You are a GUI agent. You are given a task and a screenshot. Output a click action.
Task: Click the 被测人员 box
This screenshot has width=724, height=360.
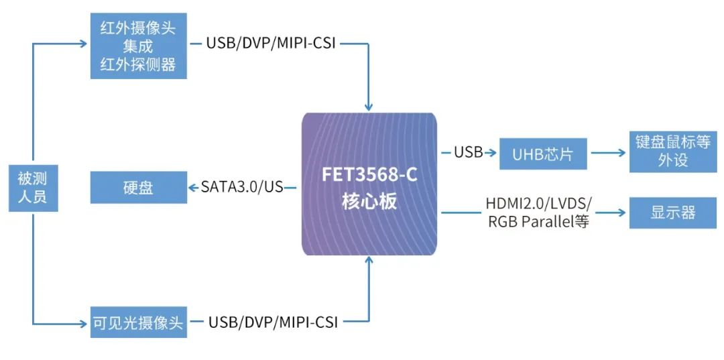(x=33, y=188)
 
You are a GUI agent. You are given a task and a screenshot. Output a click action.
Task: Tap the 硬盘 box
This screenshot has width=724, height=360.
(x=138, y=187)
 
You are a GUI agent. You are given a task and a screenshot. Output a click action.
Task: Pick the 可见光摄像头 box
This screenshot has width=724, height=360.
(x=138, y=322)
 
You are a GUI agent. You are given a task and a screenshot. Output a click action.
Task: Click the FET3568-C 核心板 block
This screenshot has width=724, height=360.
(x=369, y=184)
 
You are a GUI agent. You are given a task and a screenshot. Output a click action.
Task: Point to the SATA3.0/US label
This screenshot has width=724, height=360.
(x=242, y=187)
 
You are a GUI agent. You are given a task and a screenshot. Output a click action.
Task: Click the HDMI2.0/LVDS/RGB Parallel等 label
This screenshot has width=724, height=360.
(x=538, y=213)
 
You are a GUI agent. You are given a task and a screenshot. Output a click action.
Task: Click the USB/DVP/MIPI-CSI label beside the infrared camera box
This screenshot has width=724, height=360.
(x=271, y=44)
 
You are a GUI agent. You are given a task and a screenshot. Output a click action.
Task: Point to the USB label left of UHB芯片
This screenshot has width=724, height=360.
(x=468, y=153)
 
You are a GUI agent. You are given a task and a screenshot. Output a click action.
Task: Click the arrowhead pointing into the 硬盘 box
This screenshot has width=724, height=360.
(x=192, y=187)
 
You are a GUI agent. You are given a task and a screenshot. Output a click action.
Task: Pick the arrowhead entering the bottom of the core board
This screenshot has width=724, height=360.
(x=368, y=261)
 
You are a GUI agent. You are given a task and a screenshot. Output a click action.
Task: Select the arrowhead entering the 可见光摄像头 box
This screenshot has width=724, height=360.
(x=84, y=322)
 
